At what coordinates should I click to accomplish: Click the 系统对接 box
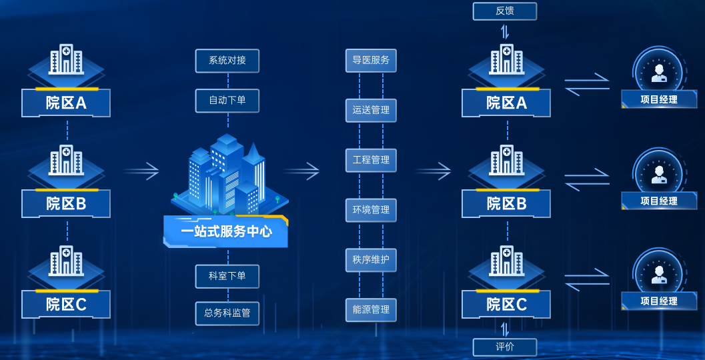pyautogui.click(x=227, y=61)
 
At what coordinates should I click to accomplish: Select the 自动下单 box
pyautogui.click(x=227, y=101)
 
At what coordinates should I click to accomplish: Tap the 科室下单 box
pyautogui.click(x=227, y=276)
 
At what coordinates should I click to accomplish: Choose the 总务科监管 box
pyautogui.click(x=227, y=313)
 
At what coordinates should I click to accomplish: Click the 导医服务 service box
pyautogui.click(x=371, y=61)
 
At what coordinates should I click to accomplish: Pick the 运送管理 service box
pyautogui.click(x=371, y=110)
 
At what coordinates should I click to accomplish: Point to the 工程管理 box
pyautogui.click(x=371, y=160)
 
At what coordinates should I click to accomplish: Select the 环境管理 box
pyautogui.click(x=371, y=210)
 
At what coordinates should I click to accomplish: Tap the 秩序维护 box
pyautogui.click(x=371, y=260)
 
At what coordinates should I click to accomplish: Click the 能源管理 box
pyautogui.click(x=371, y=310)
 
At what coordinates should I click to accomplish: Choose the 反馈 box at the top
pyautogui.click(x=505, y=11)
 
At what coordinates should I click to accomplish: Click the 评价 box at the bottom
pyautogui.click(x=505, y=347)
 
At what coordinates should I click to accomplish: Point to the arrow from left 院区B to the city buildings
pyautogui.click(x=141, y=171)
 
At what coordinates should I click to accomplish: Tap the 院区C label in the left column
pyautogui.click(x=66, y=305)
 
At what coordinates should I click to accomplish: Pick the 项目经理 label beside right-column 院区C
pyautogui.click(x=659, y=301)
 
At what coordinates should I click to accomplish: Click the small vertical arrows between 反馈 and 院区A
pyautogui.click(x=505, y=31)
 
